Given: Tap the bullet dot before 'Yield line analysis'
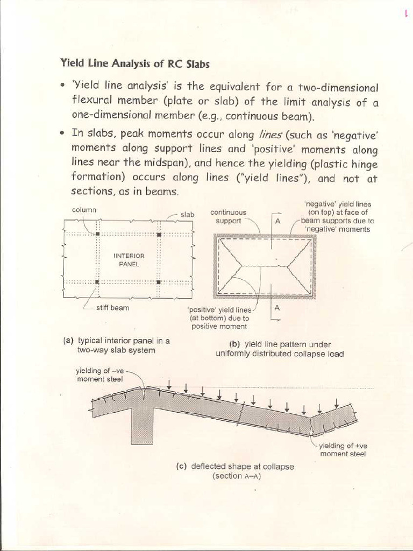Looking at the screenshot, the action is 63,86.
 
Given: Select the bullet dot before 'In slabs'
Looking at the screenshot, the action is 63,132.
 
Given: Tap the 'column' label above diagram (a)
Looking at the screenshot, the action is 83,209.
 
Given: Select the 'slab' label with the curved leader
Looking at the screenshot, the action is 187,215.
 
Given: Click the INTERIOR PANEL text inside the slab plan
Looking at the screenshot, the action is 129,260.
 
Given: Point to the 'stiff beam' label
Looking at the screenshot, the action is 112,308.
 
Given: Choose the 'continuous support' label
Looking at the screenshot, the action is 228,217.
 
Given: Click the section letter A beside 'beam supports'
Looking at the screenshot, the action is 278,221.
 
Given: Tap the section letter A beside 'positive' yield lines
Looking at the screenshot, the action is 277,308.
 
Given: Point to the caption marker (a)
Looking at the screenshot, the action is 68,341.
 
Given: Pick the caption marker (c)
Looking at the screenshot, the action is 181,467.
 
